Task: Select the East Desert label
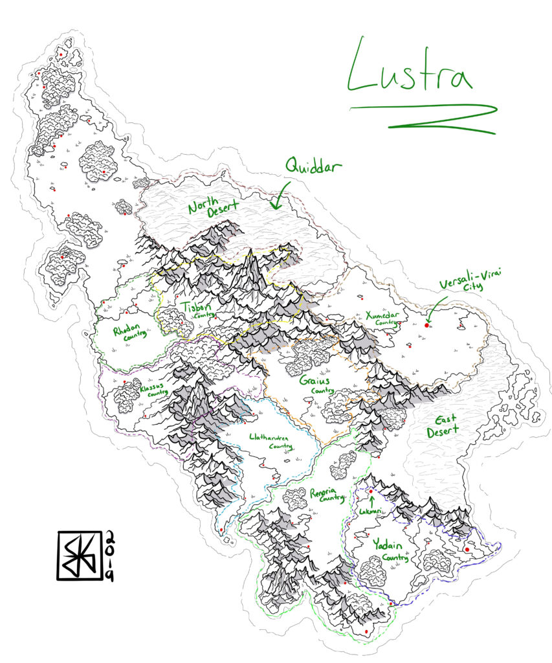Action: pyautogui.click(x=443, y=424)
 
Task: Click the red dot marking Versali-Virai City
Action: pyautogui.click(x=426, y=325)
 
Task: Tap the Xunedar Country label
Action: pyautogui.click(x=381, y=318)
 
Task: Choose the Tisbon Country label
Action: pyautogui.click(x=198, y=309)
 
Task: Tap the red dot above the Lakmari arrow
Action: pyautogui.click(x=371, y=491)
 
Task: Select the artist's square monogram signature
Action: pyautogui.click(x=80, y=555)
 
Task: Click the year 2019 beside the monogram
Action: pyautogui.click(x=109, y=555)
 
